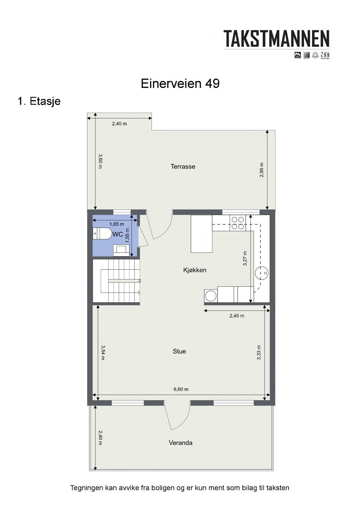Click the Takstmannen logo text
[x=276, y=39]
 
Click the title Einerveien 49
[x=180, y=84]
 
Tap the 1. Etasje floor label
[x=39, y=101]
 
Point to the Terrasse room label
[x=183, y=166]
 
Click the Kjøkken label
[x=195, y=270]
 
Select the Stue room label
[x=179, y=351]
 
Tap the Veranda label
[x=180, y=443]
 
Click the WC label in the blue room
[x=118, y=234]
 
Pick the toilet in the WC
[x=101, y=233]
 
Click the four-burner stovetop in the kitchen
[x=237, y=223]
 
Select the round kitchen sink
[x=262, y=273]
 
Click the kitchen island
[x=201, y=234]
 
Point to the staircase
[x=117, y=281]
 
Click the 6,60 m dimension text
[x=181, y=389]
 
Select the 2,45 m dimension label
[x=237, y=316]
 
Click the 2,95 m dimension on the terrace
[x=262, y=170]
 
